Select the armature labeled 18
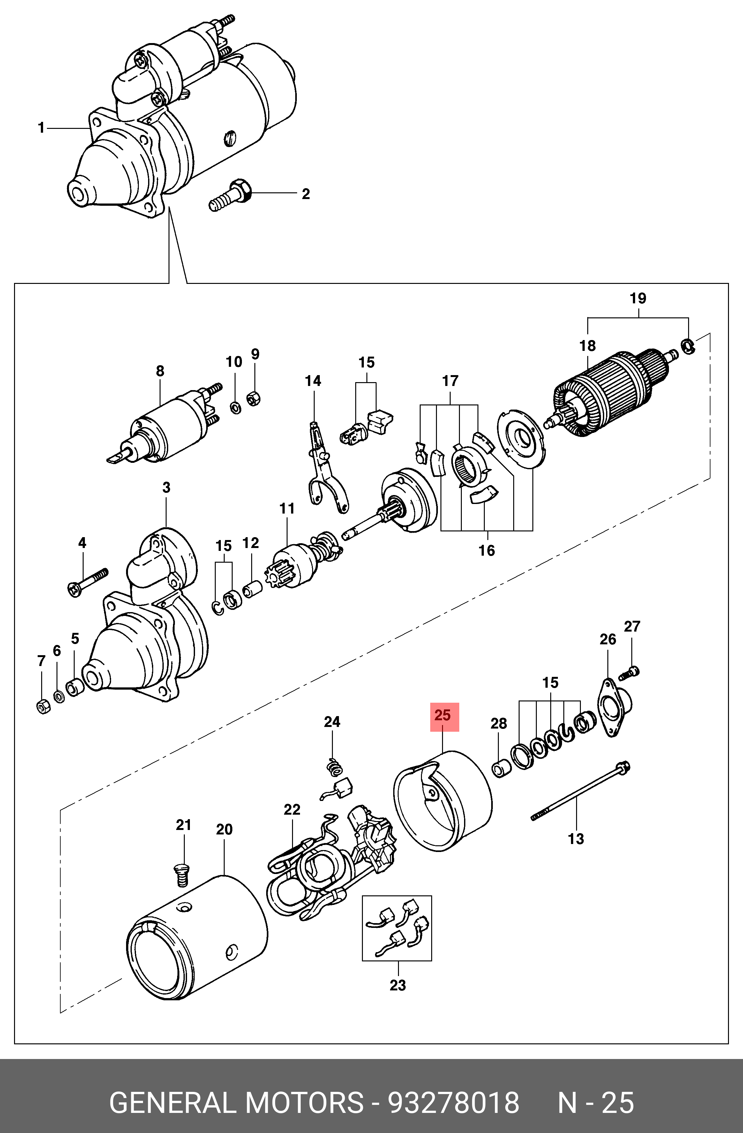point(605,390)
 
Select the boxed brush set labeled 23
point(397,928)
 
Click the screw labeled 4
point(88,582)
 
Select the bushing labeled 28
point(500,768)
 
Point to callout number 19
point(638,299)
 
